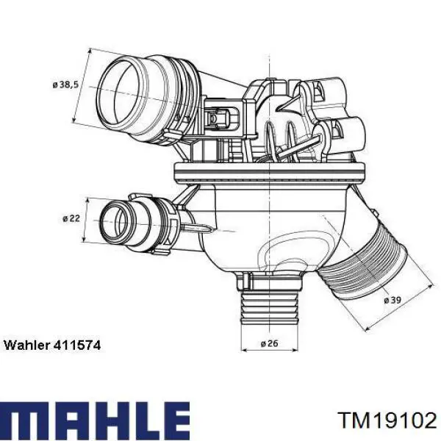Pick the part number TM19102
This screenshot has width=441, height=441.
387,420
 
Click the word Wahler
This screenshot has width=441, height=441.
26,345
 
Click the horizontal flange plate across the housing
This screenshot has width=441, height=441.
268,172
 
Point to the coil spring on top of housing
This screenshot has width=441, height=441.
283,136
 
